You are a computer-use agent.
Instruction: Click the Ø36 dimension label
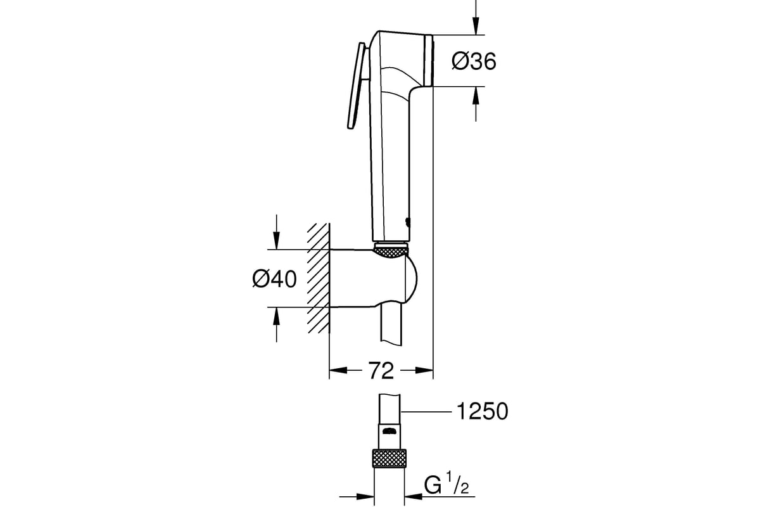tap(474, 61)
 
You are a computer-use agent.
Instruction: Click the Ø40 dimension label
tap(274, 279)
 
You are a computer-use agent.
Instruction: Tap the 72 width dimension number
tap(381, 371)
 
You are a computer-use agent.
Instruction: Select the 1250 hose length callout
tap(483, 411)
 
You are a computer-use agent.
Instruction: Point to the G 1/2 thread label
tap(446, 486)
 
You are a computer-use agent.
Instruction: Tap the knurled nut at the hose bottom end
tap(389, 458)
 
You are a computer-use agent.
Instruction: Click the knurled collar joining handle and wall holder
tap(391, 252)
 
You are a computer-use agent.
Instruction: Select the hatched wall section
tap(318, 278)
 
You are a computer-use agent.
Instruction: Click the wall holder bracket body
tap(373, 278)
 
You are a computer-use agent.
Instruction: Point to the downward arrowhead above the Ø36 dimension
tap(476, 26)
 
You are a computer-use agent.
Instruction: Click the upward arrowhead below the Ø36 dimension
tap(476, 96)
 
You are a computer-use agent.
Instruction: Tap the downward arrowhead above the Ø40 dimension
tap(277, 240)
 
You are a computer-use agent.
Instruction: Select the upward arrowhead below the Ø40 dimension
tap(277, 316)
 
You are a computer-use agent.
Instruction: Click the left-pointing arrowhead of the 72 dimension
tap(338, 370)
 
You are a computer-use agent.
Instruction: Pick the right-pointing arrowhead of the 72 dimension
tap(424, 370)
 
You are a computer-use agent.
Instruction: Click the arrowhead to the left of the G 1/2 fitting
tap(365, 497)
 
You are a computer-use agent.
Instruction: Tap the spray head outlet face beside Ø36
tap(429, 60)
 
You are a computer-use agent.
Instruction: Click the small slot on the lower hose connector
tap(389, 432)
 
